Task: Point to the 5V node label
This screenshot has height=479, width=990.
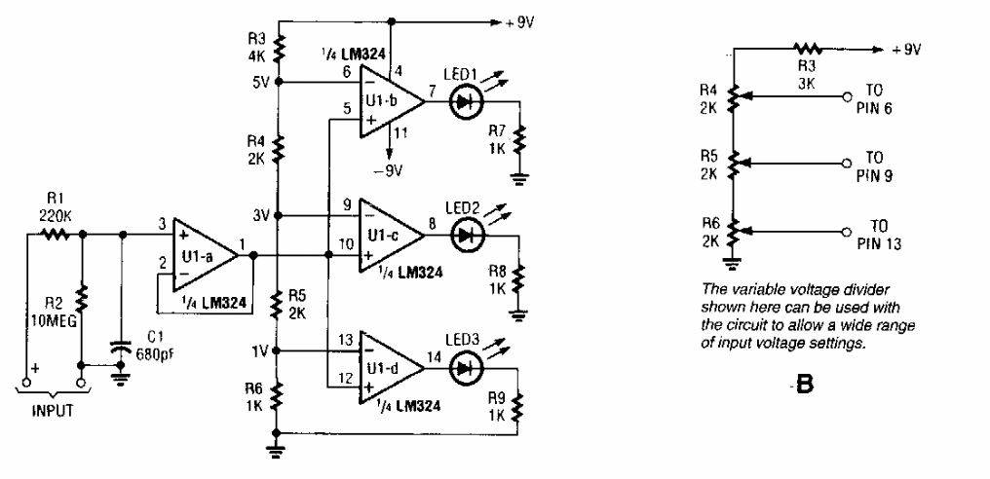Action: tap(260, 82)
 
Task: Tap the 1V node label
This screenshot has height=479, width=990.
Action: tap(260, 350)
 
